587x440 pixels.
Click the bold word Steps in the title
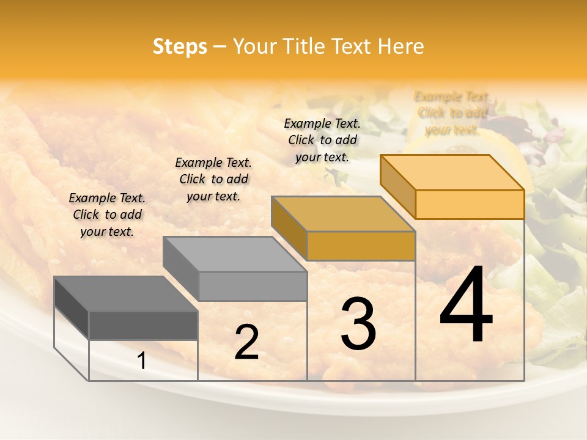coord(180,46)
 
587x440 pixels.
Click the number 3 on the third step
coord(358,323)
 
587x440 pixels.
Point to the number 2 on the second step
coord(246,342)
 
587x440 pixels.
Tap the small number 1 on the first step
coord(142,361)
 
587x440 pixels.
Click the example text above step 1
coord(107,215)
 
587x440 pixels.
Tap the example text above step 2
coord(213,179)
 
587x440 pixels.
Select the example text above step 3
coord(322,140)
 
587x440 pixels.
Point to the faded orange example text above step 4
coord(452,113)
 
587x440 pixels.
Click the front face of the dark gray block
coord(144,325)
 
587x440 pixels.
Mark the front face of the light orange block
coord(470,204)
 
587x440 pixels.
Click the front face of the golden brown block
coord(361,246)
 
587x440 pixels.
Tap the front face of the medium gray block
coord(253,286)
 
